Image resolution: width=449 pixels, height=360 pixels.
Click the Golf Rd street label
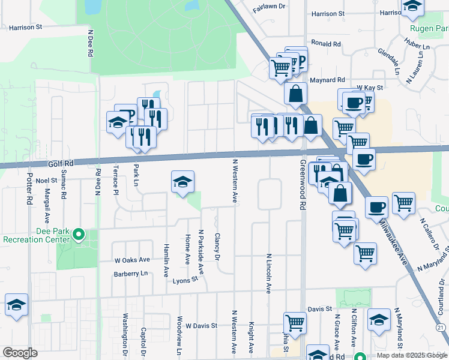point(60,163)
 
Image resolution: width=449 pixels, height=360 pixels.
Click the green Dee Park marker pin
point(78,235)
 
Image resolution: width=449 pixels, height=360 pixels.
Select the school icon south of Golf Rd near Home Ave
point(182,182)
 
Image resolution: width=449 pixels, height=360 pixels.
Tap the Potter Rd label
point(29,190)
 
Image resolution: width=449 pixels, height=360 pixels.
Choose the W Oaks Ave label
point(132,260)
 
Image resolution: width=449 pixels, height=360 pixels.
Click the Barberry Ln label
point(130,274)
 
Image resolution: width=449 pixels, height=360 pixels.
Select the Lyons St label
point(185,280)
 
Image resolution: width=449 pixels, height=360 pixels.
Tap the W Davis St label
point(201,326)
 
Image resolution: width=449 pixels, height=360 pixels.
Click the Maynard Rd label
point(327,80)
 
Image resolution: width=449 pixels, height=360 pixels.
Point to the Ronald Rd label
point(326,44)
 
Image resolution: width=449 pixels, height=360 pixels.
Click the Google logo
point(20,353)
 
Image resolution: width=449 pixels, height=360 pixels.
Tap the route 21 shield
point(441,327)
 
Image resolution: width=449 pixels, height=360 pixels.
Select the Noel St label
point(46,180)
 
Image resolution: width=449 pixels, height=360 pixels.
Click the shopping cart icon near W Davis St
point(295,322)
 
